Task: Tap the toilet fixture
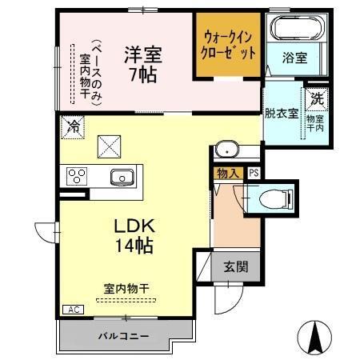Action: [267, 195]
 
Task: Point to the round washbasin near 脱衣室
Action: [226, 150]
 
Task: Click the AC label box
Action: [72, 310]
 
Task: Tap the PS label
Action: [254, 173]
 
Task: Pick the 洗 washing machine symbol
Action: [318, 101]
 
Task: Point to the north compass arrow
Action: [314, 331]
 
